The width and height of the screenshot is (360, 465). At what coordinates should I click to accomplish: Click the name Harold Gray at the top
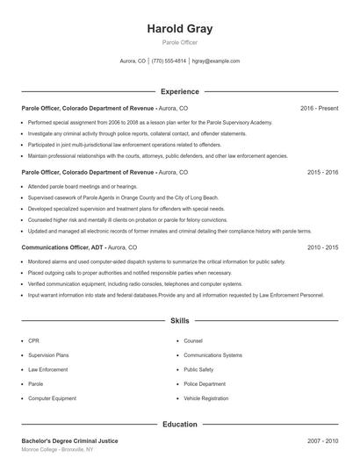tap(180, 29)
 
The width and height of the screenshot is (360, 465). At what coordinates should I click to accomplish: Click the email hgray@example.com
tap(215, 61)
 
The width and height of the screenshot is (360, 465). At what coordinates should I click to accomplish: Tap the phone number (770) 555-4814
tap(169, 61)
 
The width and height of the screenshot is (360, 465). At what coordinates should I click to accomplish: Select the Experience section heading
tap(180, 91)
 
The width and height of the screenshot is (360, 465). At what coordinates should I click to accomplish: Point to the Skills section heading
tap(180, 322)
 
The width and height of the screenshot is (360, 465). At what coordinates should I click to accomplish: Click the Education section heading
tap(180, 425)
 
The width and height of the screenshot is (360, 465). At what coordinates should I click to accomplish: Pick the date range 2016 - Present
tap(319, 108)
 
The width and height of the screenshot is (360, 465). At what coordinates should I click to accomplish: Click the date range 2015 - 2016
tap(322, 173)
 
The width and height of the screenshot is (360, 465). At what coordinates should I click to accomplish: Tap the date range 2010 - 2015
tap(322, 248)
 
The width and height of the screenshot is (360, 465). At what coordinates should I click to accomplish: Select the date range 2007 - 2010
tap(322, 440)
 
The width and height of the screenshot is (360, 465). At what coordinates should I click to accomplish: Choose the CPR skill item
tap(33, 340)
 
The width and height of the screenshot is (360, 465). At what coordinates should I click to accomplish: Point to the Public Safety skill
tap(198, 369)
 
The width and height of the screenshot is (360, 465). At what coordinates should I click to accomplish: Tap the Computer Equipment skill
tap(52, 398)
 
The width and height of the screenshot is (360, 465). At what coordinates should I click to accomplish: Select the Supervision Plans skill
tap(49, 355)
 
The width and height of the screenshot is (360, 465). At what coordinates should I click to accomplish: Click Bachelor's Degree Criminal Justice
tap(69, 440)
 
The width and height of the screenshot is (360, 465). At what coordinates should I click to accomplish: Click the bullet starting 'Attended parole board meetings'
tap(83, 187)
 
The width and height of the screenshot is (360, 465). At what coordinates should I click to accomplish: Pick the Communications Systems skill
tap(212, 355)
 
